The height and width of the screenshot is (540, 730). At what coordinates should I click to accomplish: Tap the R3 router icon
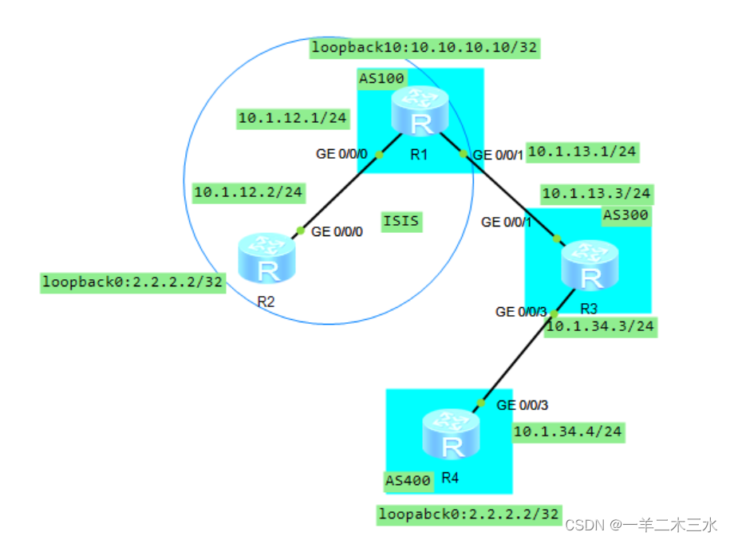pyautogui.click(x=590, y=266)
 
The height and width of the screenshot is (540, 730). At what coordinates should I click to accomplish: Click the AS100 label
pyautogui.click(x=381, y=77)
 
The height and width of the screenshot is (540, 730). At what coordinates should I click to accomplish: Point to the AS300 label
pyautogui.click(x=626, y=215)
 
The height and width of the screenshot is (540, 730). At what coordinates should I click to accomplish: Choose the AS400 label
pyautogui.click(x=408, y=480)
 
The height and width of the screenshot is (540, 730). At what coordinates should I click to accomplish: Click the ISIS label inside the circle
pyautogui.click(x=401, y=221)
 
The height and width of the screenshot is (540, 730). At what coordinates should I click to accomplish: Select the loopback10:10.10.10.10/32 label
pyautogui.click(x=425, y=49)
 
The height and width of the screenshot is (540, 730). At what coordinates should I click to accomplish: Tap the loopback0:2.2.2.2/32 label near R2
pyautogui.click(x=133, y=282)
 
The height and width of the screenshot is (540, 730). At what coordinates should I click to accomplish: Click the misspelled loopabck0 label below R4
pyautogui.click(x=469, y=514)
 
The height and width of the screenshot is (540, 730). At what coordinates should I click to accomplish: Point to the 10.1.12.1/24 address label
pyautogui.click(x=293, y=119)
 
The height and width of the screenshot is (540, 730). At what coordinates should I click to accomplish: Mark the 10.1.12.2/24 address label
pyautogui.click(x=249, y=191)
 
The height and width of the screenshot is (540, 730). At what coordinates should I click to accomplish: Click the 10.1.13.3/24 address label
pyautogui.click(x=597, y=193)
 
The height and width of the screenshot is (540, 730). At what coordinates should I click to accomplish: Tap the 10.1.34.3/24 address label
pyautogui.click(x=601, y=327)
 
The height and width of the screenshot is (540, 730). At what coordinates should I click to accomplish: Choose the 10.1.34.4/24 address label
pyautogui.click(x=568, y=432)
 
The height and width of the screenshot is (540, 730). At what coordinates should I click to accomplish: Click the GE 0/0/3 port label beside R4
pyautogui.click(x=523, y=405)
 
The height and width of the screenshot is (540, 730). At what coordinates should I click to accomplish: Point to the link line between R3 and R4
pyautogui.click(x=519, y=358)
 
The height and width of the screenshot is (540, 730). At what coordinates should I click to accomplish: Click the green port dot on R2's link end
pyautogui.click(x=301, y=231)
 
